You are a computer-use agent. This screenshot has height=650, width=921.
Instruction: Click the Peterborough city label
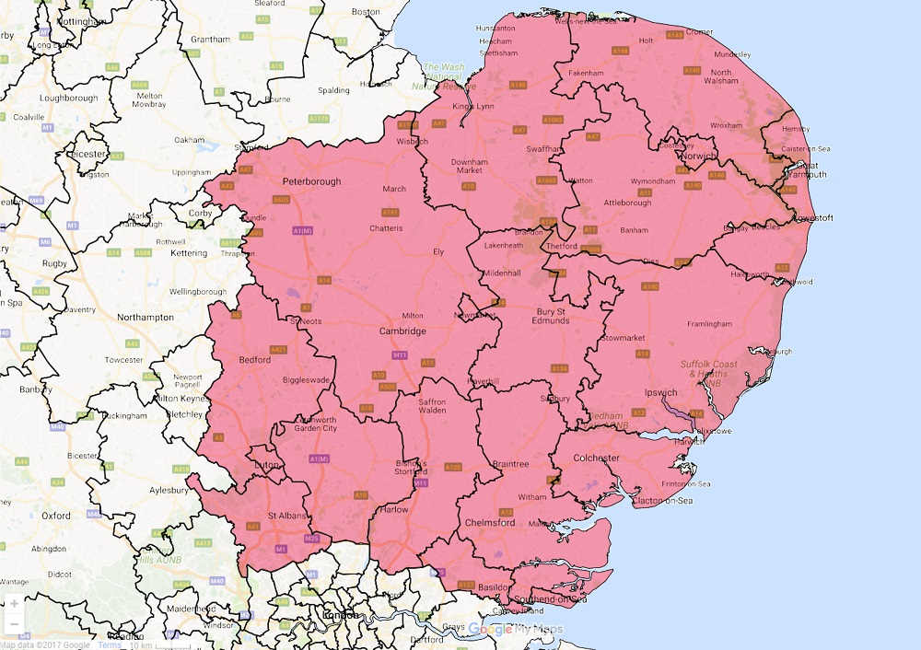(x=311, y=182)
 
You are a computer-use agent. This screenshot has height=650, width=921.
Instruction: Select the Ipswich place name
(x=661, y=393)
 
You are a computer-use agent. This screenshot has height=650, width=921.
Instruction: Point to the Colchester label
(x=595, y=458)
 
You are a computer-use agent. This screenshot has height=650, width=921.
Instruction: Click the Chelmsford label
(x=491, y=523)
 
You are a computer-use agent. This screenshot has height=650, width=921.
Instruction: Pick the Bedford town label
(x=254, y=360)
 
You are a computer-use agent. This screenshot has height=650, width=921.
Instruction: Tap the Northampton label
(x=146, y=318)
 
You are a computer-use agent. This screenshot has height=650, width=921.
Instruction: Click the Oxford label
(x=56, y=516)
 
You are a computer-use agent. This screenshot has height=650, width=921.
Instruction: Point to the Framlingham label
(x=709, y=324)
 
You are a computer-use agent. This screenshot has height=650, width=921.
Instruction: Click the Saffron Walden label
(x=432, y=405)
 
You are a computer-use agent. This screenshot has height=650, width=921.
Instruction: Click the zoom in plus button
(x=15, y=604)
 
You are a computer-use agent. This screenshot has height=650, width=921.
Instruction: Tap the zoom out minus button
(x=15, y=624)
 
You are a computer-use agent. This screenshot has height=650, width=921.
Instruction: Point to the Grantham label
(x=211, y=40)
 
